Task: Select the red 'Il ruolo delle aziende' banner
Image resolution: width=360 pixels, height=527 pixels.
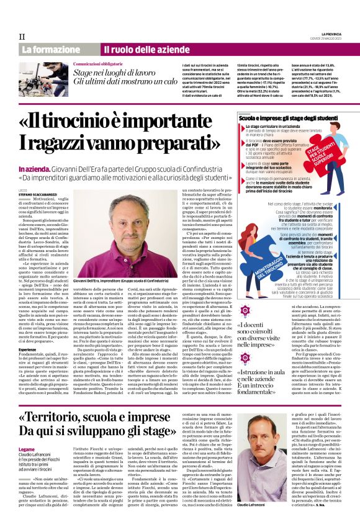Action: (137, 49)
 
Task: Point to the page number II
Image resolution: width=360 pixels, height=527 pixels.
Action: (22, 36)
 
